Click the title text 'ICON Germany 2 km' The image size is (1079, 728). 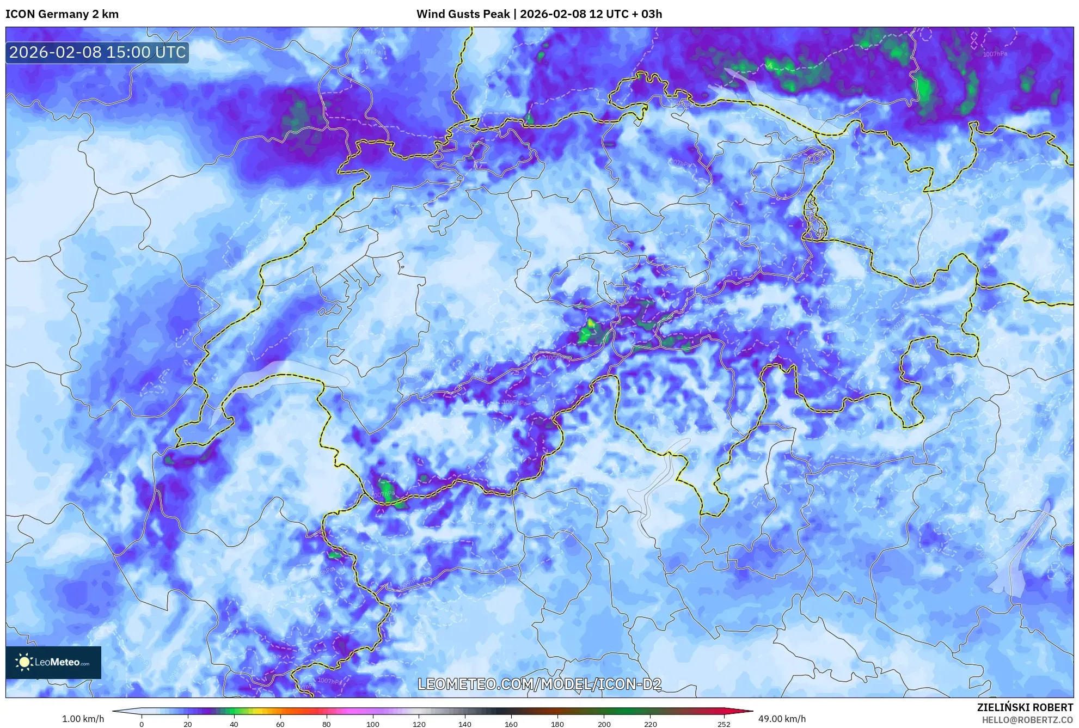[x=62, y=14]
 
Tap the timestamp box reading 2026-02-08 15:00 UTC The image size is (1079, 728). [x=97, y=53]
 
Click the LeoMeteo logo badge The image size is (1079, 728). [x=53, y=662]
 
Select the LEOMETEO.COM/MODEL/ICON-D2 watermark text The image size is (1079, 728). [x=539, y=684]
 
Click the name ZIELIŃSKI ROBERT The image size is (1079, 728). [x=1025, y=707]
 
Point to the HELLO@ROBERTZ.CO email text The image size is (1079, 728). [x=1027, y=720]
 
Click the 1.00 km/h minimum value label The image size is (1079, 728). [x=83, y=719]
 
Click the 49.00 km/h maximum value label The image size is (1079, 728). [x=782, y=719]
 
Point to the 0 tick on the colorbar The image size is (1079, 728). [x=142, y=724]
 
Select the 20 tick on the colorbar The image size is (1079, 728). [x=188, y=724]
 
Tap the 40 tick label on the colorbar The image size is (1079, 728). [x=234, y=724]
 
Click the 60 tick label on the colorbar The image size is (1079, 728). [x=280, y=724]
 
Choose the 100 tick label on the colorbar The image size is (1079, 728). [x=373, y=724]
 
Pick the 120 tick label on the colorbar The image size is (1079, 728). [x=419, y=724]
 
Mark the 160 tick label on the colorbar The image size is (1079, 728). [x=511, y=724]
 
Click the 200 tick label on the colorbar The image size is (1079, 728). [x=604, y=724]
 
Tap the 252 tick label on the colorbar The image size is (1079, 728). [x=724, y=724]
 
